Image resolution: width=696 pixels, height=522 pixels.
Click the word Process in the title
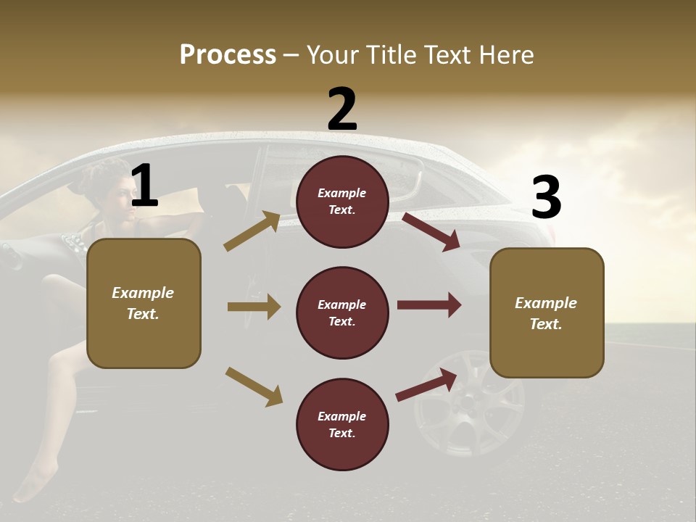tap(228, 54)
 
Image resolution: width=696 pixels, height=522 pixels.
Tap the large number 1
tap(144, 186)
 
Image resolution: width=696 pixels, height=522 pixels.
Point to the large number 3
tap(547, 198)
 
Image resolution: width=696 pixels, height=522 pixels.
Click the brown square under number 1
tap(144, 303)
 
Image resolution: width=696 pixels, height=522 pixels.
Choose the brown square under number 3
tap(547, 312)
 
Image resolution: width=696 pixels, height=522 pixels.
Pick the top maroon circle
tap(342, 202)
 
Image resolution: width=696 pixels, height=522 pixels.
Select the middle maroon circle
tap(342, 312)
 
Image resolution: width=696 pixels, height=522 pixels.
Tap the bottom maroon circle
tap(342, 424)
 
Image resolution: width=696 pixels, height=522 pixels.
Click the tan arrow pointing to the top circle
tap(252, 231)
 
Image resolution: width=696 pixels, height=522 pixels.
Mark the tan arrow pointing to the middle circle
tap(254, 307)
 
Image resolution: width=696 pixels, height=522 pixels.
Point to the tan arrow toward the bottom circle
tap(254, 386)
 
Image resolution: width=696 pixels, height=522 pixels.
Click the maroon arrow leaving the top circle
tap(431, 231)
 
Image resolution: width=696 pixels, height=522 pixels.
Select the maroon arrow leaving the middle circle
tap(429, 305)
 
